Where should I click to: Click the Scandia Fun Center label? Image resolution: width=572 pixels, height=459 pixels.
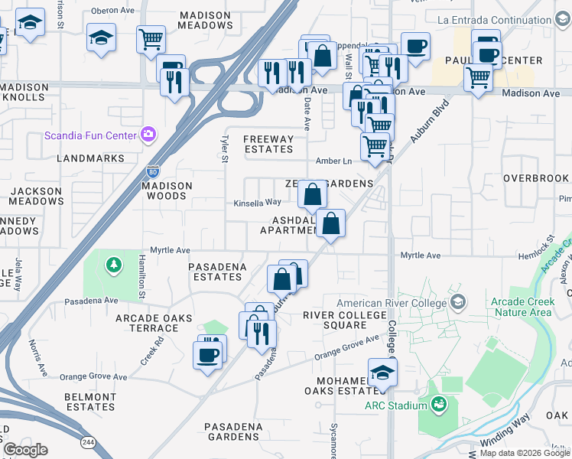tap(90, 136)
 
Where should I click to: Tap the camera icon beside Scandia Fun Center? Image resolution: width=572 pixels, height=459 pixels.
tap(148, 135)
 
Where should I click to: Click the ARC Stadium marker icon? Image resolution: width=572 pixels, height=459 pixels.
tap(437, 404)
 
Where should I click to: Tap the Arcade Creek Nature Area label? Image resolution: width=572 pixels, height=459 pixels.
tap(522, 306)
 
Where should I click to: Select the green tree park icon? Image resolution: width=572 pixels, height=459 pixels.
tap(114, 265)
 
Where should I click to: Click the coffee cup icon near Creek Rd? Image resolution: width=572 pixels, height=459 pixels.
tap(208, 354)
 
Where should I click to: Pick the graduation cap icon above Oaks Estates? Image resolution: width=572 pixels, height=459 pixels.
tap(382, 373)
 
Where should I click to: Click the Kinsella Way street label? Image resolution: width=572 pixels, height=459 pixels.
tap(257, 203)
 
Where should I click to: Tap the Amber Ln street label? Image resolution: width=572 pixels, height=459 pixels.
tap(333, 161)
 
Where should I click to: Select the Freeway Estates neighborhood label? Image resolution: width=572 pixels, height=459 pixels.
tap(268, 145)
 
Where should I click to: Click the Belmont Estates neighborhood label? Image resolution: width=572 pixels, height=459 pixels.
tap(89, 402)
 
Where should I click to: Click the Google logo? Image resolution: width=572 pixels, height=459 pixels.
tap(25, 449)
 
